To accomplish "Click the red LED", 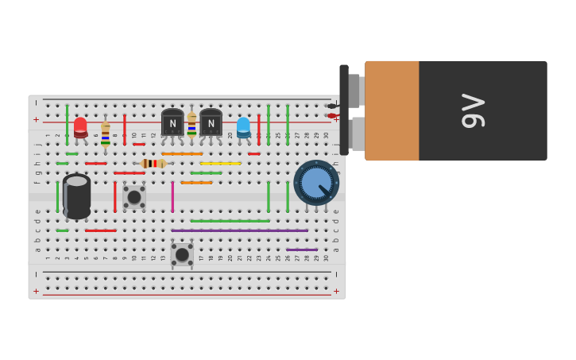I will [80, 126].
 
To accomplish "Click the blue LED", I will [243, 126].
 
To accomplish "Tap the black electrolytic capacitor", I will [77, 196].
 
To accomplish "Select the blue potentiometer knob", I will [316, 183].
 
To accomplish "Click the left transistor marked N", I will [172, 123].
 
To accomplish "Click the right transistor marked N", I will [211, 123].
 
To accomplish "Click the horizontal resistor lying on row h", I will [153, 163].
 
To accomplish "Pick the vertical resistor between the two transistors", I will [191, 126].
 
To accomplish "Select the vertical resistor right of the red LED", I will [106, 134].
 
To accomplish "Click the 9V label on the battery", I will [473, 110].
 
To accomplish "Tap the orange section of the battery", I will [392, 110].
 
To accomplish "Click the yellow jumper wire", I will [220, 163].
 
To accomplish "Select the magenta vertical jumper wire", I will [172, 196].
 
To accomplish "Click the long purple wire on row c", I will [239, 230].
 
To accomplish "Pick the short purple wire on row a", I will [302, 250].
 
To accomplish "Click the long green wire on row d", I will [230, 221].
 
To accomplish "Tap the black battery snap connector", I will [344, 110].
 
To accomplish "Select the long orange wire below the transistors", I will [182, 153].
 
